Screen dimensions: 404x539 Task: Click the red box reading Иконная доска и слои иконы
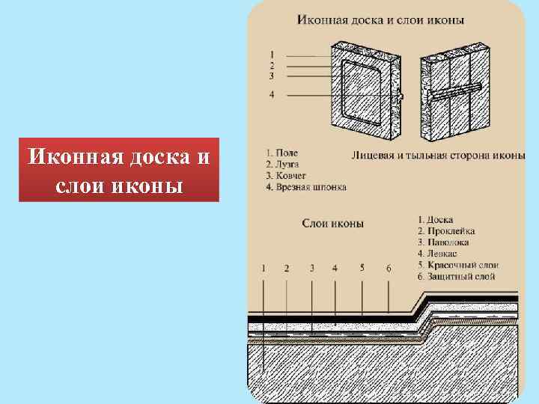pyautogui.click(x=119, y=170)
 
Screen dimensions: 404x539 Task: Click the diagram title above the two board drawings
pyautogui.click(x=380, y=19)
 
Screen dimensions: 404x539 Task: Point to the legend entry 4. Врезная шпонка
pyautogui.click(x=305, y=186)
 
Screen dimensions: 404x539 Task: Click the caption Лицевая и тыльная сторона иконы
pyautogui.click(x=438, y=156)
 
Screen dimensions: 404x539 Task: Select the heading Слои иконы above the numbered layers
pyautogui.click(x=333, y=222)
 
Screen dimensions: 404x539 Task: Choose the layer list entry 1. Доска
pyautogui.click(x=436, y=219)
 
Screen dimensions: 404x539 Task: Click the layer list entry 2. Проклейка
pyautogui.click(x=446, y=231)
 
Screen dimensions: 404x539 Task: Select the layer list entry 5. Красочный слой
pyautogui.click(x=458, y=265)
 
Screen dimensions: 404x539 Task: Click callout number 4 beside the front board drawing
pyautogui.click(x=272, y=94)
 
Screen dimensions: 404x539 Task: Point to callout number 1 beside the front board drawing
pyautogui.click(x=272, y=54)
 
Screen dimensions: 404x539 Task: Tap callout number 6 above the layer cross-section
pyautogui.click(x=389, y=268)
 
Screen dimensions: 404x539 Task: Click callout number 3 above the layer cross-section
pyautogui.click(x=311, y=268)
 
